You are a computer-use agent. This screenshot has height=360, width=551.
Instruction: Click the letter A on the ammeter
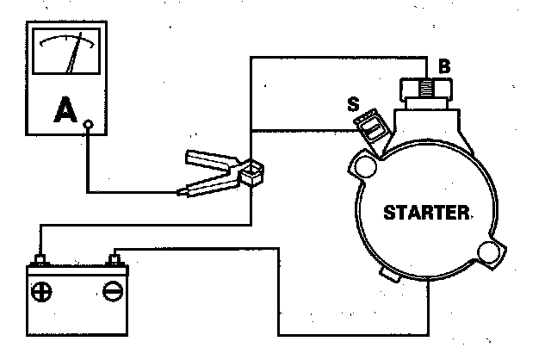63,110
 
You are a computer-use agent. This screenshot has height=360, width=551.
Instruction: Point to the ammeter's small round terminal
89,124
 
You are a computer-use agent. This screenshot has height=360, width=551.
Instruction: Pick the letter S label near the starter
352,106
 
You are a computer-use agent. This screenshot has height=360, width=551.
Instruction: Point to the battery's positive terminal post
40,259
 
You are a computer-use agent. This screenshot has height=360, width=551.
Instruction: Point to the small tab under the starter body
390,275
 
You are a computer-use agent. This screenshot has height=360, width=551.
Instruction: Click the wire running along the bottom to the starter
353,333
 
